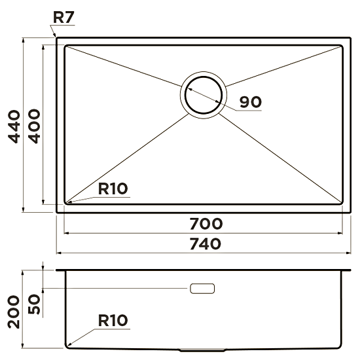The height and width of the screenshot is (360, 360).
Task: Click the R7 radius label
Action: coord(63,17)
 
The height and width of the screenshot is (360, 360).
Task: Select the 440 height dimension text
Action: coord(14,127)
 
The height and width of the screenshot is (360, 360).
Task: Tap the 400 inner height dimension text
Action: coord(34,126)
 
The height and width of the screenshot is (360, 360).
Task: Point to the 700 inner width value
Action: coord(206,224)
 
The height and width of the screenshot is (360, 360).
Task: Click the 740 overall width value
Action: coord(206,244)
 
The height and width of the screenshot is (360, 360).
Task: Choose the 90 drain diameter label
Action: coord(251,102)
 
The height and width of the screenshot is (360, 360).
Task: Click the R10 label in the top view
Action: coord(113,189)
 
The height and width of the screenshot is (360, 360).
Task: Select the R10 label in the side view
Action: coord(113,320)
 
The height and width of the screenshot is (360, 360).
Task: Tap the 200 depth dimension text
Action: coord(14,312)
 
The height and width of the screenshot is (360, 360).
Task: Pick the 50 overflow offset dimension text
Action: coord(34,304)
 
